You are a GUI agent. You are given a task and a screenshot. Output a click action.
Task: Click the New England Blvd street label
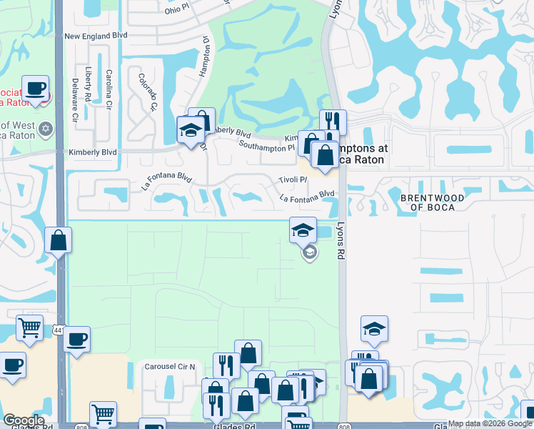pyautogui.click(x=96, y=35)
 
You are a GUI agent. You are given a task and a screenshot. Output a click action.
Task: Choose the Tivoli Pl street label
pyautogui.click(x=293, y=179)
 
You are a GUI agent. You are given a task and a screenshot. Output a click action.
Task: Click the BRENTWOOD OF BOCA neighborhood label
pyautogui.click(x=433, y=202)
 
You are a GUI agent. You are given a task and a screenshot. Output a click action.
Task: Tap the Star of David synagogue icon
pyautogui.click(x=47, y=129)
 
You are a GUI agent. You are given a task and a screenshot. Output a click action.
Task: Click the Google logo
pyautogui.click(x=24, y=420)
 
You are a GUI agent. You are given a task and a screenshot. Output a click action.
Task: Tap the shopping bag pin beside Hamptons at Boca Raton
pyautogui.click(x=325, y=154)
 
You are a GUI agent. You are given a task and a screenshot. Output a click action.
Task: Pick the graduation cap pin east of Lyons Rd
pyautogui.click(x=374, y=328)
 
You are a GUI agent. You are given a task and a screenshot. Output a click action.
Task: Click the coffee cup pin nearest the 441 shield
pyautogui.click(x=77, y=340)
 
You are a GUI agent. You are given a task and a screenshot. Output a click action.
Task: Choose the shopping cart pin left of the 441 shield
pyautogui.click(x=30, y=328)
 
